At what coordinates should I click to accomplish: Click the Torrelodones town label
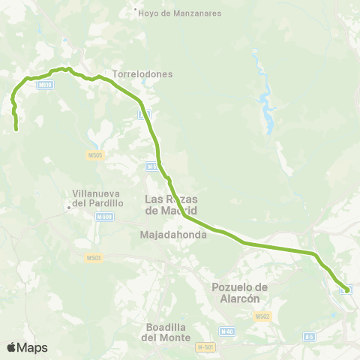pyautogui.click(x=142, y=74)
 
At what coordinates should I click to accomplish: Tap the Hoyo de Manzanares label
pyautogui.click(x=172, y=13)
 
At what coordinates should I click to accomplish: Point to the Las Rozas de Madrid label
pyautogui.click(x=168, y=205)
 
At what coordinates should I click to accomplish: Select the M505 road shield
pyautogui.click(x=94, y=154)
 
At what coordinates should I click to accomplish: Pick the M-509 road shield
pyautogui.click(x=104, y=217)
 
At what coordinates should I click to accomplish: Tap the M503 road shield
pyautogui.click(x=94, y=258)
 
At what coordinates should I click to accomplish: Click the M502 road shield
pyautogui.click(x=262, y=316)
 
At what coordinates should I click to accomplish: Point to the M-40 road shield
pyautogui.click(x=226, y=331)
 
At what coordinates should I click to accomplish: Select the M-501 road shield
pyautogui.click(x=205, y=346)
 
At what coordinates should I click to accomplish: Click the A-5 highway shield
pyautogui.click(x=308, y=337)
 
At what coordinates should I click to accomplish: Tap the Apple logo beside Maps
pyautogui.click(x=11, y=347)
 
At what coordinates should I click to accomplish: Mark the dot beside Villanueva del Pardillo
pyautogui.click(x=68, y=207)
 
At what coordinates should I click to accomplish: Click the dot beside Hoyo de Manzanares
pyautogui.click(x=135, y=10)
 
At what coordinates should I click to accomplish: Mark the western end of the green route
pyautogui.click(x=16, y=130)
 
